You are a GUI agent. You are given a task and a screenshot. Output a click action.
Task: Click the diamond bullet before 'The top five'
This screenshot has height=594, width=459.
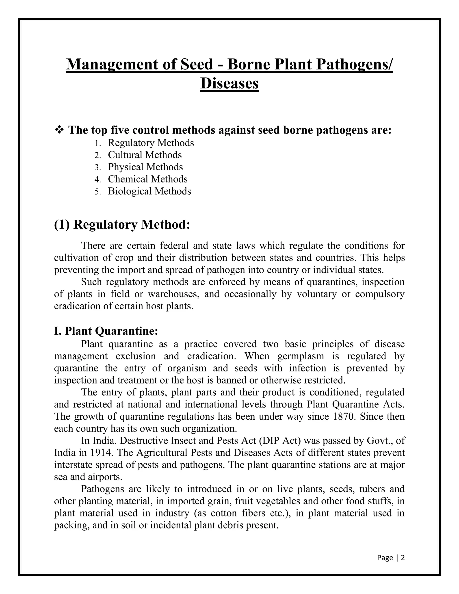[59, 130]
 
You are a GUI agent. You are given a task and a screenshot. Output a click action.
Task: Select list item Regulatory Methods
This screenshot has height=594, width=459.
[151, 143]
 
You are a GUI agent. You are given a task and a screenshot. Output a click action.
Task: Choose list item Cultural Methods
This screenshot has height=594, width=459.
[145, 155]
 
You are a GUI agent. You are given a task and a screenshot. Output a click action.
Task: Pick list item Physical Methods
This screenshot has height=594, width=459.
[145, 167]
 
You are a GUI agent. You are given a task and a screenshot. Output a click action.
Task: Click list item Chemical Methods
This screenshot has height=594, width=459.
[148, 179]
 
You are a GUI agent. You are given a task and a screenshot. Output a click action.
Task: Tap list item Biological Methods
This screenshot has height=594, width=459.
[149, 191]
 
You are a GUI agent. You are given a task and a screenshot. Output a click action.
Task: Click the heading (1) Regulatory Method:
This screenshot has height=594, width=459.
[122, 225]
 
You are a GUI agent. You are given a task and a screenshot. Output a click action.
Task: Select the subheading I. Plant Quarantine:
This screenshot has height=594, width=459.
[106, 331]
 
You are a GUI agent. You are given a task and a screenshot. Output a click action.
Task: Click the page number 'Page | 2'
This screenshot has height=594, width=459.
[391, 558]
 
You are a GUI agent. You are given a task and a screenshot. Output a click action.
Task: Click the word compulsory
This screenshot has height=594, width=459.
[380, 294]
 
